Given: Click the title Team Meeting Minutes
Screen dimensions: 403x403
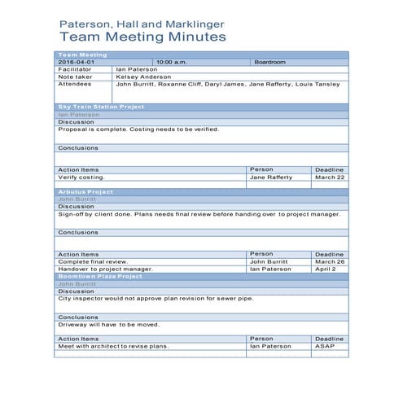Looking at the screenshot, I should tap(143, 37).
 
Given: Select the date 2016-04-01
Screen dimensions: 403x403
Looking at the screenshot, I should tap(77, 62).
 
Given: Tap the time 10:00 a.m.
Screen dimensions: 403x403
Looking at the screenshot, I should tap(173, 62).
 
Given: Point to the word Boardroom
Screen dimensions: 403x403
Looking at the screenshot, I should tap(269, 62).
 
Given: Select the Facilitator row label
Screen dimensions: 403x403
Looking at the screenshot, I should tap(74, 69).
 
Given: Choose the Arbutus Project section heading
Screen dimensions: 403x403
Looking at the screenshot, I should tap(85, 191).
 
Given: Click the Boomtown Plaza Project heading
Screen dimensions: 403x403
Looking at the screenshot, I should tap(100, 276).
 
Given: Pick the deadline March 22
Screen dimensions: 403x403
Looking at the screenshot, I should tap(330, 177).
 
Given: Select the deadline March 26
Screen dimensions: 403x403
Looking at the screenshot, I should tap(330, 261).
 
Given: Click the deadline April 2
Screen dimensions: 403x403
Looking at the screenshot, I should tap(326, 269).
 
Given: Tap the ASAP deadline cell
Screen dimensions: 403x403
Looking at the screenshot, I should tap(325, 346).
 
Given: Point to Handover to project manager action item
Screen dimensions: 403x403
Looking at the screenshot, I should tap(105, 269).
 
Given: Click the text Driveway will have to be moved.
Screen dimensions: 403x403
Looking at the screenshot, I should tap(108, 325).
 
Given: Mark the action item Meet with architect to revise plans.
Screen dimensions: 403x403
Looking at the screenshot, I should tap(113, 346).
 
